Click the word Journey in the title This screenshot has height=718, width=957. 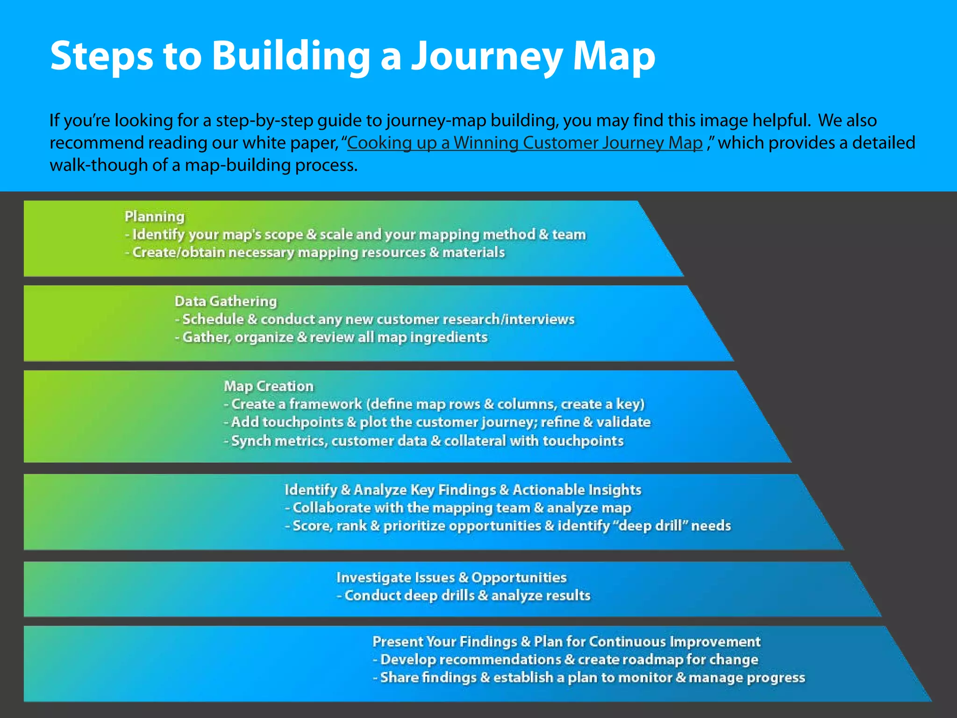coord(487,56)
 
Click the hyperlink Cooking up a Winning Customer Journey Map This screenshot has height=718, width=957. coord(524,143)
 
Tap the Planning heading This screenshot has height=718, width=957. coord(155,216)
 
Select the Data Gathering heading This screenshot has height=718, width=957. coord(226,301)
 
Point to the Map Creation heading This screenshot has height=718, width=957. coord(269,386)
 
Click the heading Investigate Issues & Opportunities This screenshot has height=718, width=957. coord(451,577)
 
